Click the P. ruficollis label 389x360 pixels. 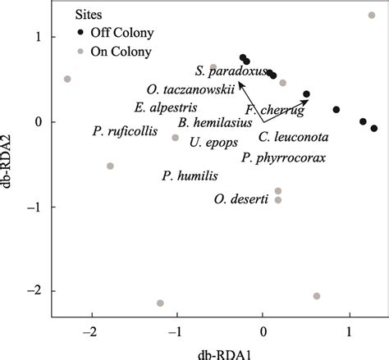[x=124, y=130]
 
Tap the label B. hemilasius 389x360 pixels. [x=210, y=124]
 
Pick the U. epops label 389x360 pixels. [x=213, y=141]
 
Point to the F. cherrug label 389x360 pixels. [x=274, y=110]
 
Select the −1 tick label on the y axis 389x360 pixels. [x=36, y=207]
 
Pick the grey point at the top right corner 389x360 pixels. [x=372, y=16]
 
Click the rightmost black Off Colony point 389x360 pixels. [x=374, y=128]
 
